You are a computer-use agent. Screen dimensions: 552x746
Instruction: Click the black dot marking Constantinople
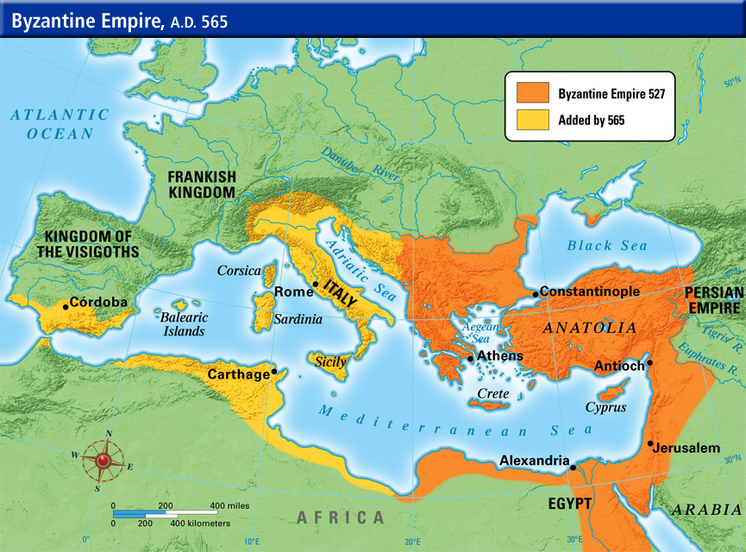point(536,294)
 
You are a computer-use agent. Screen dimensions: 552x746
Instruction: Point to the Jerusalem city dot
point(649,443)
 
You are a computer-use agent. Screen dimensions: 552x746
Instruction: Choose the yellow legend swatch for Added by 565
point(532,120)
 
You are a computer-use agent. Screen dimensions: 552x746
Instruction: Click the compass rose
point(103,461)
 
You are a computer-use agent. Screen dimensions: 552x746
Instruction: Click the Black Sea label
point(606,246)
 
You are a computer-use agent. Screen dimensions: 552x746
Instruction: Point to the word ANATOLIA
point(589,328)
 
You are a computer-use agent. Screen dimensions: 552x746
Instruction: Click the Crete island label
point(493,393)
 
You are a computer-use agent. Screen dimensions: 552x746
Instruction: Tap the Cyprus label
point(605,407)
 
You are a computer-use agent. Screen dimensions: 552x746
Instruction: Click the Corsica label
point(239,270)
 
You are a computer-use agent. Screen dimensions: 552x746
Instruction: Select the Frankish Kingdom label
point(202,184)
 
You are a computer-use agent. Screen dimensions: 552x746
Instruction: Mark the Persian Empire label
point(713,300)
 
